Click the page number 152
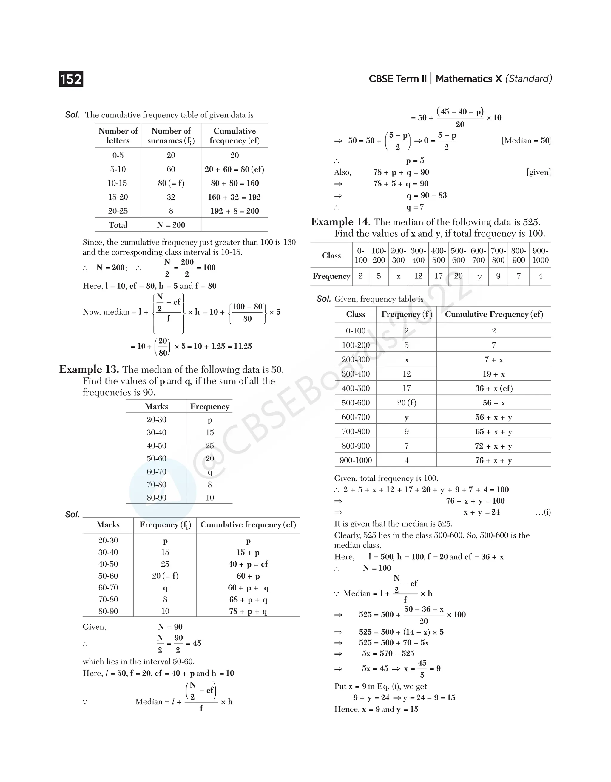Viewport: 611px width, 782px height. coord(71,79)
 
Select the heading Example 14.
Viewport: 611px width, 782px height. coord(340,222)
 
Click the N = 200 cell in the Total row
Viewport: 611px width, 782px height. coord(171,225)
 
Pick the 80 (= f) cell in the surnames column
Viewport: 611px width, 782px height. coord(171,183)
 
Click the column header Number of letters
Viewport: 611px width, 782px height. coord(118,136)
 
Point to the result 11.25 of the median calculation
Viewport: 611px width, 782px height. coord(243,346)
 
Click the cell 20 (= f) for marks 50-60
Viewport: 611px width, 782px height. coord(165,576)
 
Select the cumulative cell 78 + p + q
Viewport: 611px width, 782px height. coord(248,611)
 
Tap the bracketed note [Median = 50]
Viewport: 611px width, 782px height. coord(526,140)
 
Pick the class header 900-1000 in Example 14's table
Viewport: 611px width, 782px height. coord(540,255)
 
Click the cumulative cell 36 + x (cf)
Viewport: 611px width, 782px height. coord(494,388)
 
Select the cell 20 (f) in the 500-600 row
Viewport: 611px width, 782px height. coord(406,403)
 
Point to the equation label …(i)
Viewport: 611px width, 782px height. coord(543,512)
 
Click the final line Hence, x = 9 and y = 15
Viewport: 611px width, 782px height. coord(376,709)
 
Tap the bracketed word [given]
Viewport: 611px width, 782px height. coord(539,172)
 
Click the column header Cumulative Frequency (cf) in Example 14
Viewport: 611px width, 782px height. coord(494,315)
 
